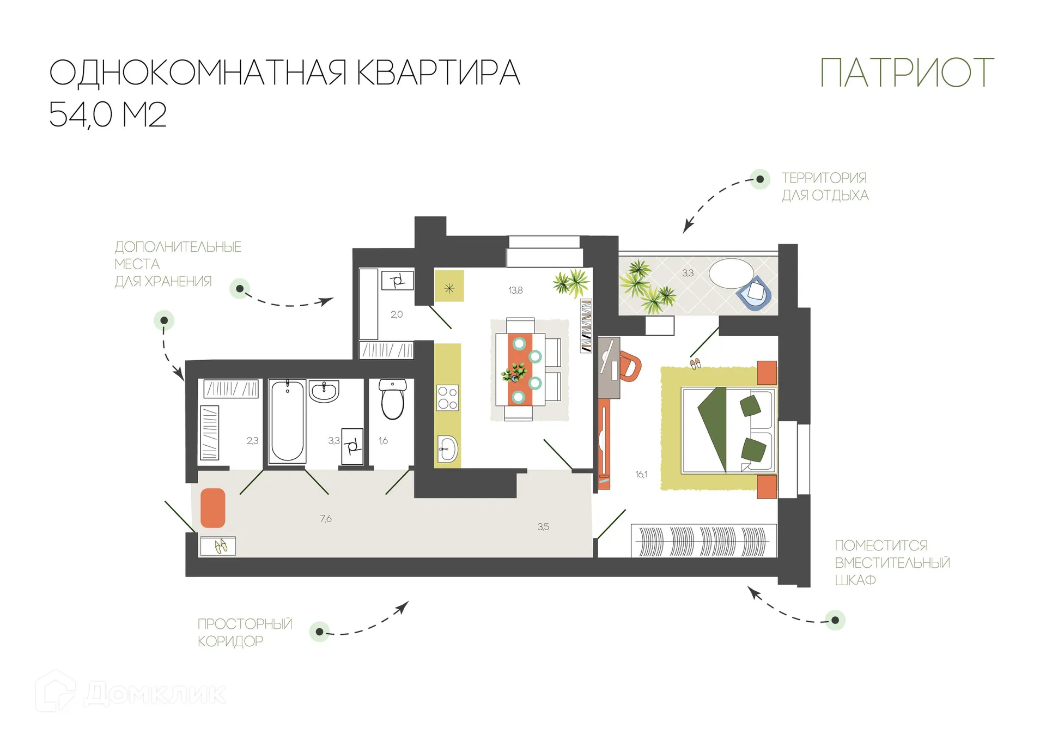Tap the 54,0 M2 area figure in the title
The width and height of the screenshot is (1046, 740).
(107, 114)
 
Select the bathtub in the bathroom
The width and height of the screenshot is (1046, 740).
(287, 421)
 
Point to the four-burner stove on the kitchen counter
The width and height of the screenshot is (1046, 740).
(447, 398)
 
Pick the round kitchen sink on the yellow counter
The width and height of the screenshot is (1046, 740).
(448, 449)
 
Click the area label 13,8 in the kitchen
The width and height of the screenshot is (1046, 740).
(515, 290)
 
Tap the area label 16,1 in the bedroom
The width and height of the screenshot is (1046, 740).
(641, 475)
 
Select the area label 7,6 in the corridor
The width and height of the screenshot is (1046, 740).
(326, 519)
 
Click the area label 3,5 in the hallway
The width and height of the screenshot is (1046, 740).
(543, 527)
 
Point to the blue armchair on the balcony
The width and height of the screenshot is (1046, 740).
(755, 293)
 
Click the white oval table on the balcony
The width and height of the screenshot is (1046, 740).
(731, 273)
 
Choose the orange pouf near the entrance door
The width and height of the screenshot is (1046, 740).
(213, 508)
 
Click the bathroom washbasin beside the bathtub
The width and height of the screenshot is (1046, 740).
(324, 391)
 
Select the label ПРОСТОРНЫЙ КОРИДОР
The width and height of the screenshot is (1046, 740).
(245, 632)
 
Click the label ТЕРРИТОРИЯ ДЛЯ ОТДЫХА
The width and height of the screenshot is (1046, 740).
(825, 186)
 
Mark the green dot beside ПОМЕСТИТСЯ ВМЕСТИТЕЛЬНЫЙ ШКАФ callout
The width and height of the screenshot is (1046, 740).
(835, 620)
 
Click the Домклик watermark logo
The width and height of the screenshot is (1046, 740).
(131, 693)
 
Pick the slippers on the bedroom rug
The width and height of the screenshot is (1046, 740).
(695, 363)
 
